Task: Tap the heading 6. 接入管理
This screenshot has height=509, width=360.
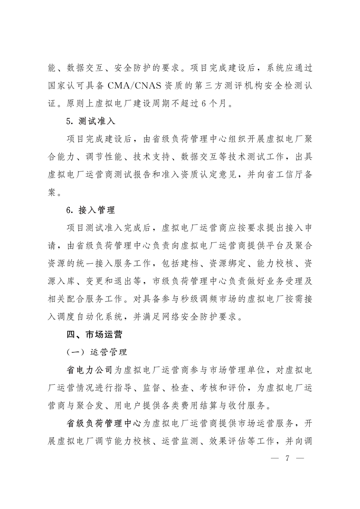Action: pyautogui.click(x=90, y=210)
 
